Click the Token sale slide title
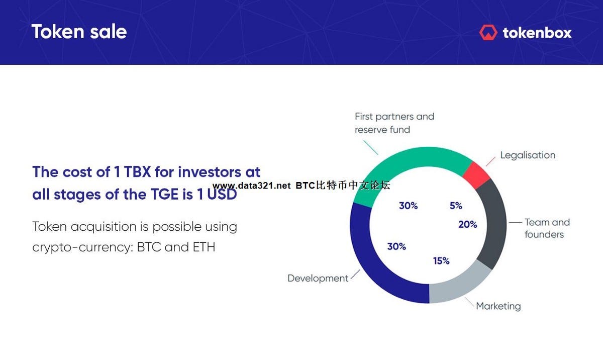pos(79,32)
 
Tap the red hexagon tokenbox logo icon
pos(488,33)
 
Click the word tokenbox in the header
pos(537,33)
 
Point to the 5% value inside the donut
pos(456,206)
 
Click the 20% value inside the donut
pos(467,225)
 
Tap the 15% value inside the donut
pos(441,261)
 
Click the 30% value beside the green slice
pos(408,206)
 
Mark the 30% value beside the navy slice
pos(396,246)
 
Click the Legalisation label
pos(528,155)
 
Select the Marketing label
pos(498,306)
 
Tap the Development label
pos(318,278)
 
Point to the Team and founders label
pos(547,228)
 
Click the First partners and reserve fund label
pos(394,123)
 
